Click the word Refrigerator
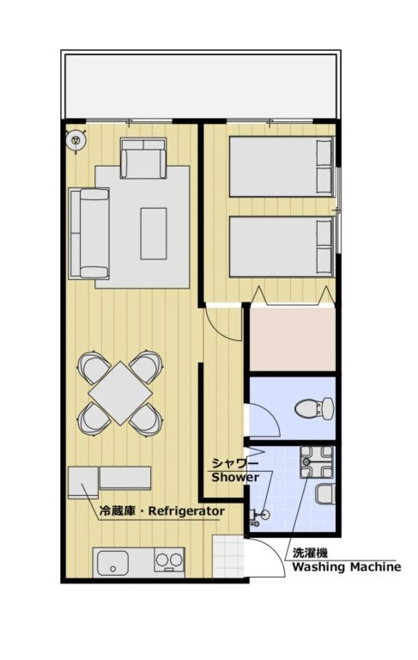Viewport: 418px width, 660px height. coord(186,512)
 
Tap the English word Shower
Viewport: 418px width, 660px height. coord(235,477)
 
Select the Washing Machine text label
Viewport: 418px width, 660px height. coord(347,567)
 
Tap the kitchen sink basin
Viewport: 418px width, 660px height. coord(113,564)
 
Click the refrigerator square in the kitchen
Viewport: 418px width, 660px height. coord(84,481)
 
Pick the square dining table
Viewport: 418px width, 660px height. coord(121,392)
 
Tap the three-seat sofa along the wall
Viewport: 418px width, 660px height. coord(89,233)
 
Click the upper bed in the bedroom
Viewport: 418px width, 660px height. coord(281,167)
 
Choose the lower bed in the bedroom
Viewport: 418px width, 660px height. coord(281,246)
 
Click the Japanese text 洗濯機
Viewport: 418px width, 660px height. coord(309,553)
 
